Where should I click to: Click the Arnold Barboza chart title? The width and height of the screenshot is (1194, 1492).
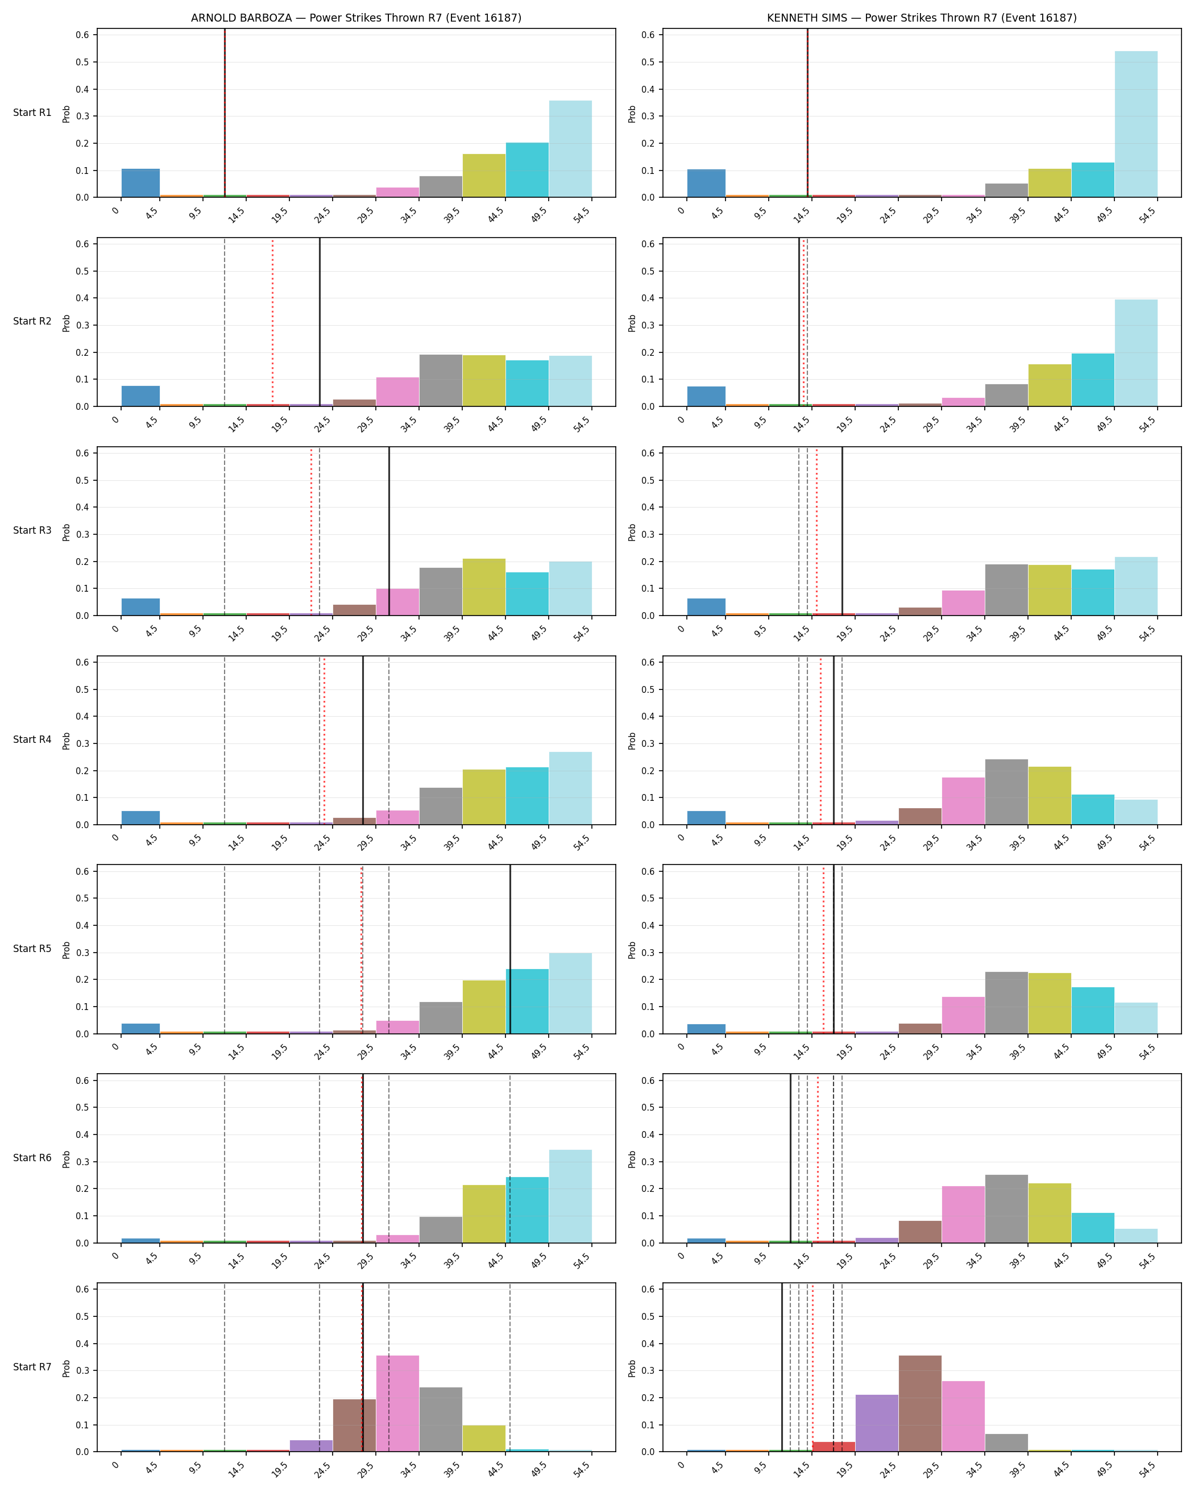[x=356, y=18]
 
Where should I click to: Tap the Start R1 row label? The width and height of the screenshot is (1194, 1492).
[x=32, y=113]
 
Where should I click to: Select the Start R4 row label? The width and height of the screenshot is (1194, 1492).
[x=32, y=740]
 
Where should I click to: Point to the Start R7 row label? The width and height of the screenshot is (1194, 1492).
[x=32, y=1367]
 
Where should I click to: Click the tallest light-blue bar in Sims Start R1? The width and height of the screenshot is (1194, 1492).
[x=1136, y=124]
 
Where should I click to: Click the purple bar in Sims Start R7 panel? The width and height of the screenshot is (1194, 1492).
[x=877, y=1423]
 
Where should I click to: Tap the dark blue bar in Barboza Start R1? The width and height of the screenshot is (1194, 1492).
[x=140, y=184]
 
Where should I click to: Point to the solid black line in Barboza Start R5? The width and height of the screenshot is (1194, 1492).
[x=510, y=949]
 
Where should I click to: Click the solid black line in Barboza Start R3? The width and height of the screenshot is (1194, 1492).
[x=389, y=531]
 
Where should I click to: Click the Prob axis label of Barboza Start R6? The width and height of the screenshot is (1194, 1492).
[x=67, y=1159]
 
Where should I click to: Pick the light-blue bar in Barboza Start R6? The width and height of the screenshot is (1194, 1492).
[x=570, y=1196]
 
